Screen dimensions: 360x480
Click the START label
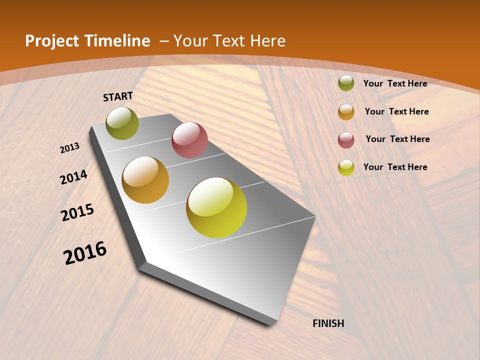coord(118,96)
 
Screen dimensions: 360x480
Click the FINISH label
coord(328,323)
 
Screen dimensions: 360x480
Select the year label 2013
coord(69,148)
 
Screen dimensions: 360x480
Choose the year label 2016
coord(85,253)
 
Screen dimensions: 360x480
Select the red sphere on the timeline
coord(189,140)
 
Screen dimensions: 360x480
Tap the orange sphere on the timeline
coord(145,180)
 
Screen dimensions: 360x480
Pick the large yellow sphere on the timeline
coord(216,207)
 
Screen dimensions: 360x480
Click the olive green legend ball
coord(346,83)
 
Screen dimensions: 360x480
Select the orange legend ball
coord(346,112)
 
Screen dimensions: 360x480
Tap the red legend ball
coord(346,140)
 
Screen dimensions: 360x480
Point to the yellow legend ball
coord(346,167)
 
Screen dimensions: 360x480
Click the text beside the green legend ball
coord(395,83)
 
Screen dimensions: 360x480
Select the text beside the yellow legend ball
coord(395,167)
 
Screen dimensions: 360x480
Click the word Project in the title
coord(52,41)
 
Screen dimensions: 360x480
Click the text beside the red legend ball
coord(397,139)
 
